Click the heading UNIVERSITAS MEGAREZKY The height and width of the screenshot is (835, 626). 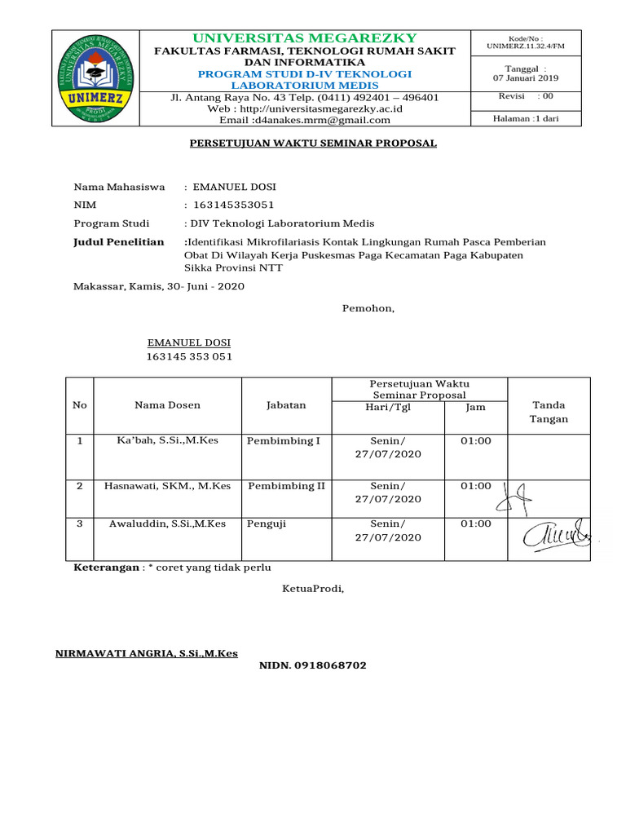click(x=305, y=38)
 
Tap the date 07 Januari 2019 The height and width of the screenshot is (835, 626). click(x=526, y=78)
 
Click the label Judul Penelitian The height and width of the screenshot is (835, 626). click(x=119, y=242)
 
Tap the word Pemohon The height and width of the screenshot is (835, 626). click(x=368, y=308)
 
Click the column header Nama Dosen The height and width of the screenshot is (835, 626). click(x=167, y=405)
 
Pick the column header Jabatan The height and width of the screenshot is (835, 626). click(x=286, y=405)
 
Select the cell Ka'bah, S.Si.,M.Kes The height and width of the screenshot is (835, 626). click(x=167, y=441)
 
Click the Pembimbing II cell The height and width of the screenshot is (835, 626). click(x=286, y=486)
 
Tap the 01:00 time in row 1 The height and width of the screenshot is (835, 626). click(x=476, y=441)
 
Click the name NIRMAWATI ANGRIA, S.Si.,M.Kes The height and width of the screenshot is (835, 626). click(x=146, y=654)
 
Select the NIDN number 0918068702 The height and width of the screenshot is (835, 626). click(x=313, y=666)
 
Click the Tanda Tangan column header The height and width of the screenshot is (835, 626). click(x=549, y=412)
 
